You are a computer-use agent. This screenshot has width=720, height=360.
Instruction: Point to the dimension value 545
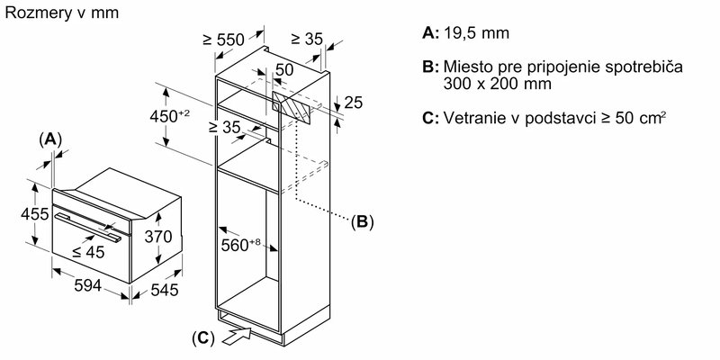[x=164, y=291]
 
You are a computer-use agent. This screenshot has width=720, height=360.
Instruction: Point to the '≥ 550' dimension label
[x=222, y=40]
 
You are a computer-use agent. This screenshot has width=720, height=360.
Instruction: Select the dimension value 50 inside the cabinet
[x=284, y=69]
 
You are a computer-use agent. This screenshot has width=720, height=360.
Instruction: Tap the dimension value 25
[x=354, y=103]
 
